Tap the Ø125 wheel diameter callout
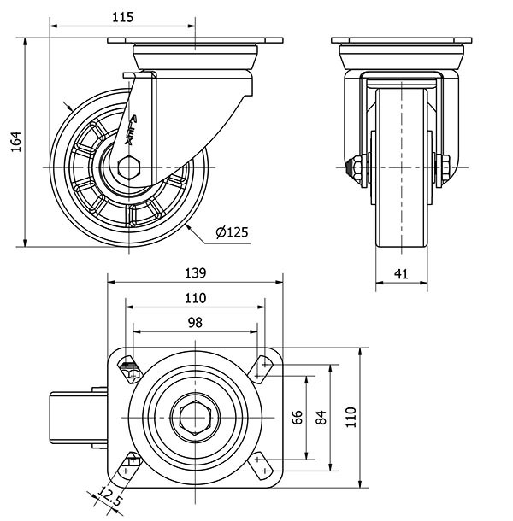point(233,231)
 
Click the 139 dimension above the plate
point(195,273)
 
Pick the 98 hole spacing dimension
point(195,322)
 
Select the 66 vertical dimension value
point(298,418)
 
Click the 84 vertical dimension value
point(321,418)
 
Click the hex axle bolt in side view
point(129,166)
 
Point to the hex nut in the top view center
point(195,418)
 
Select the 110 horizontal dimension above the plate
point(195,298)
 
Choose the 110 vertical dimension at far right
point(349,418)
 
